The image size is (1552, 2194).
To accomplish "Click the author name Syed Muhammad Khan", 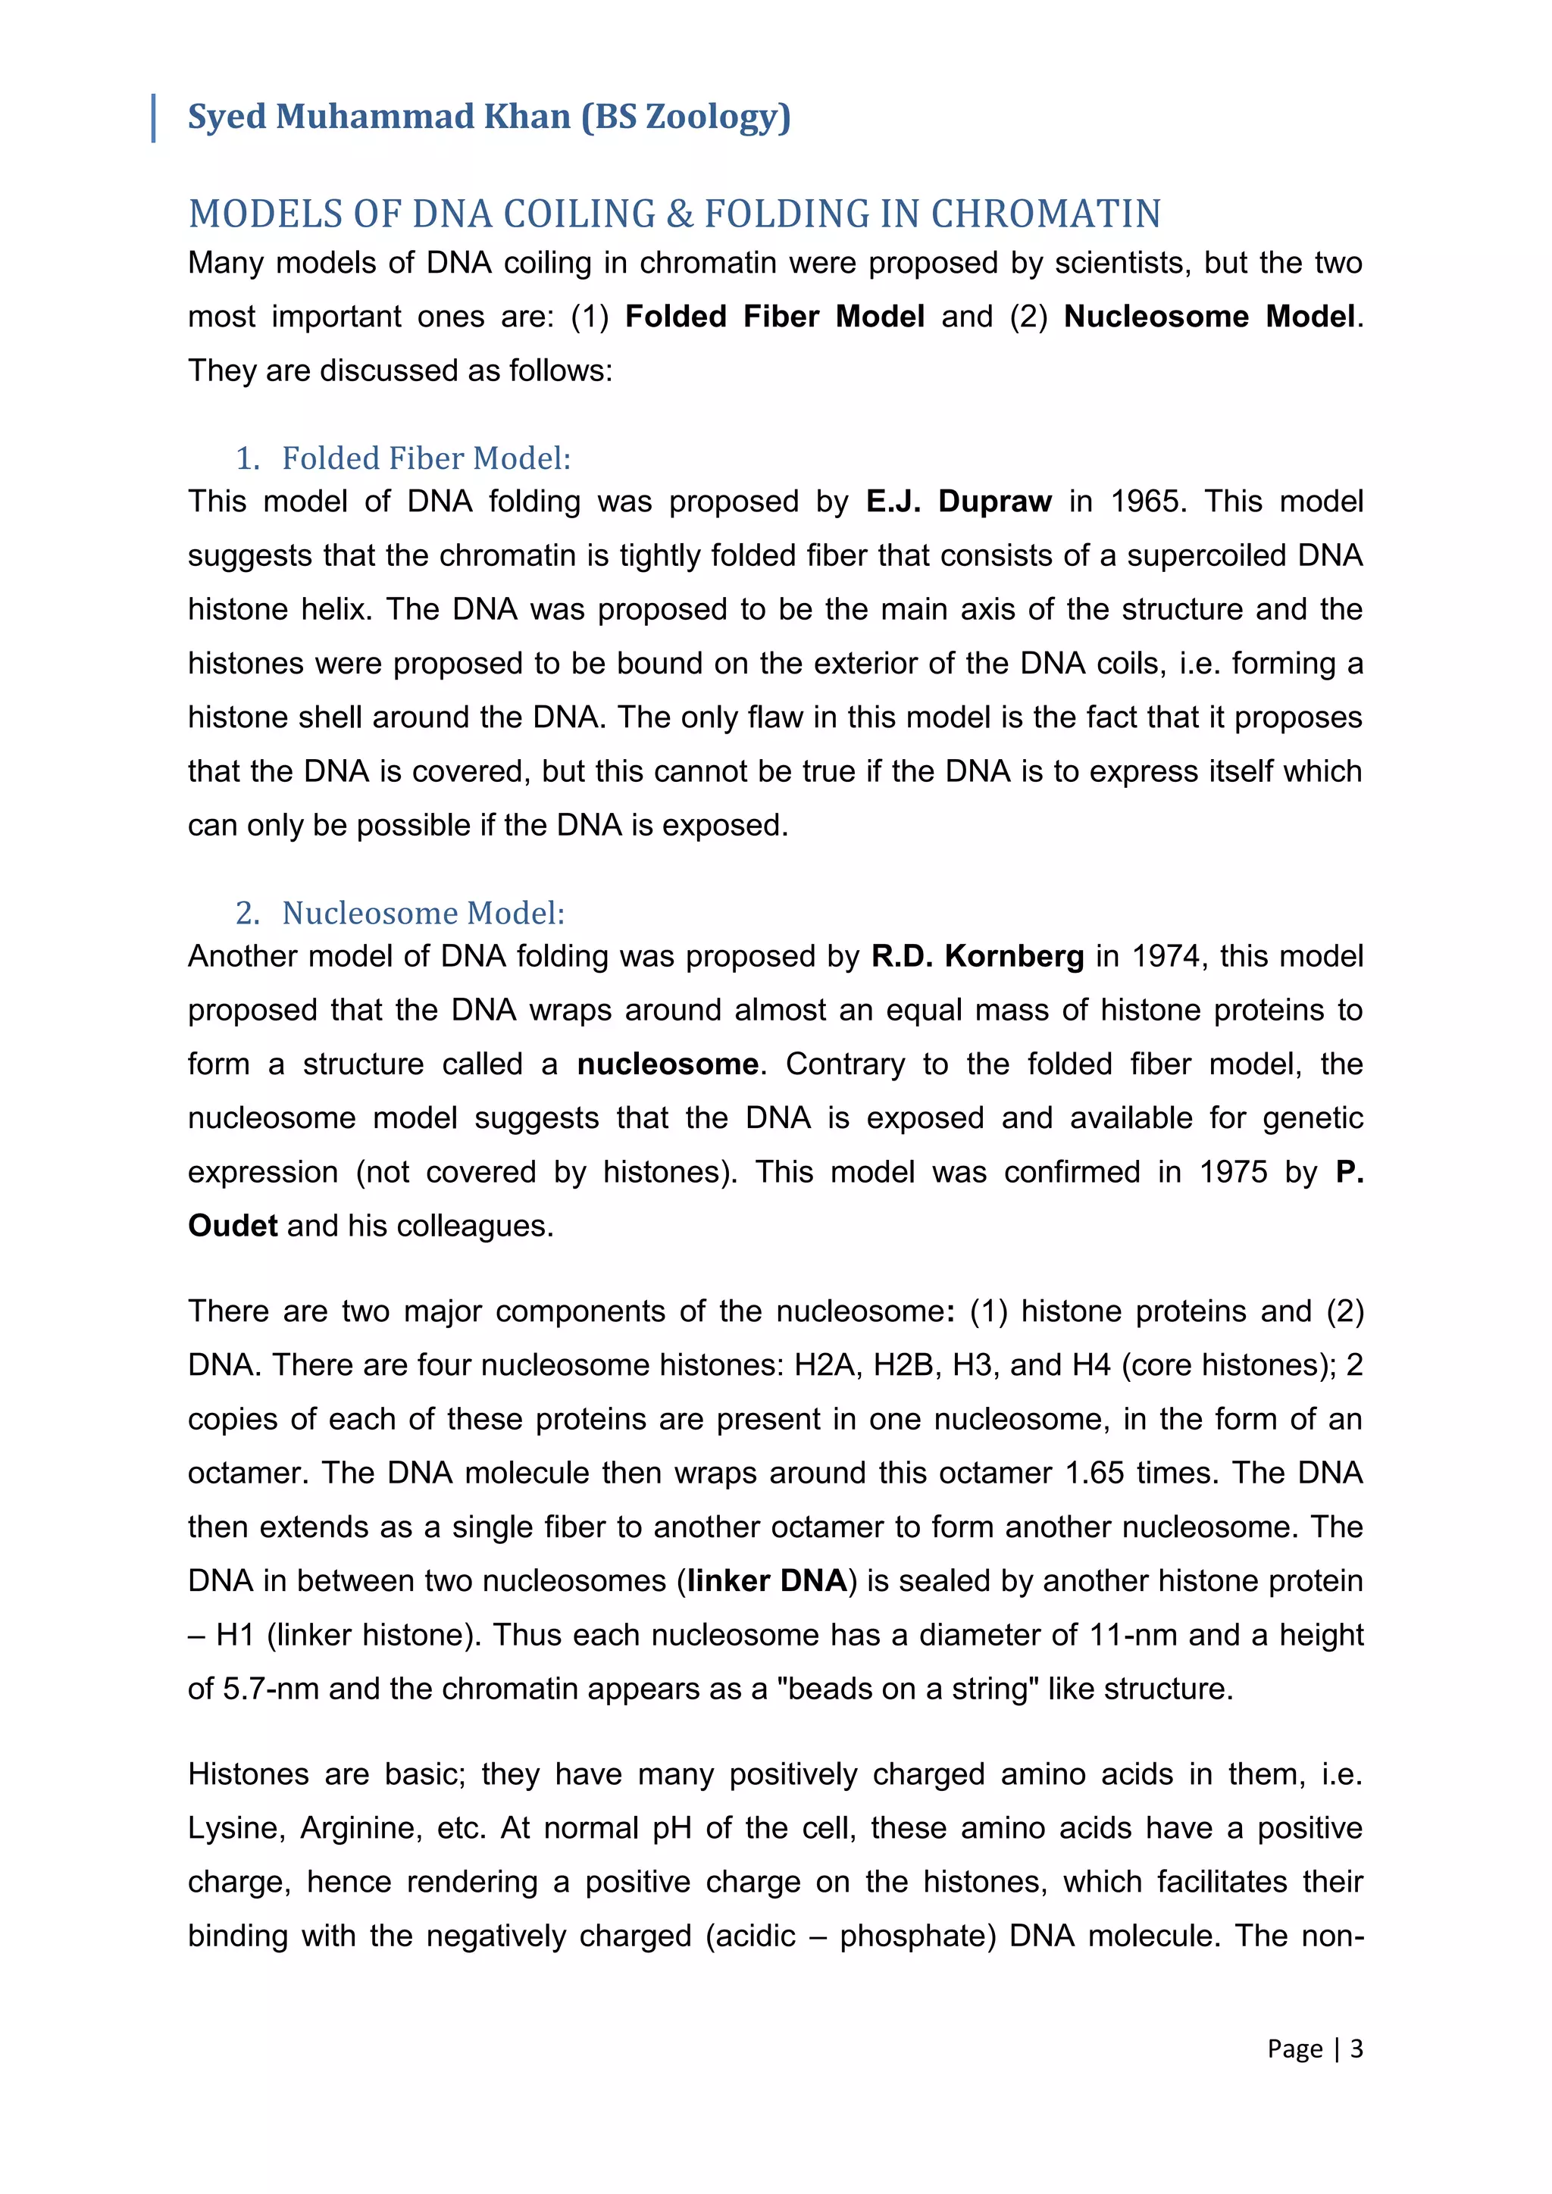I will pos(378,117).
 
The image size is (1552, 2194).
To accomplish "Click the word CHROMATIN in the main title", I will pos(1046,214).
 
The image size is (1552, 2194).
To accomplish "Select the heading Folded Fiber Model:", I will pos(426,458).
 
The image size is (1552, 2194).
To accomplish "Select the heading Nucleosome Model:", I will pos(424,914).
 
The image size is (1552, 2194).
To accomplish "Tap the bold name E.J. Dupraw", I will pos(959,502).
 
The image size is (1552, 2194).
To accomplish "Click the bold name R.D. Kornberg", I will pos(978,957).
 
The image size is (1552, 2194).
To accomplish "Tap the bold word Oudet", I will pos(232,1226).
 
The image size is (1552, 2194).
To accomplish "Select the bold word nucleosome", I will pos(668,1064).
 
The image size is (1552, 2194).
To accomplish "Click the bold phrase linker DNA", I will pos(766,1581).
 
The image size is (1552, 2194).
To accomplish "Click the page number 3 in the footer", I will pos(1356,2049).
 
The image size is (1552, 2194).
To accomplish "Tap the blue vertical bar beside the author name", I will pos(154,118).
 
